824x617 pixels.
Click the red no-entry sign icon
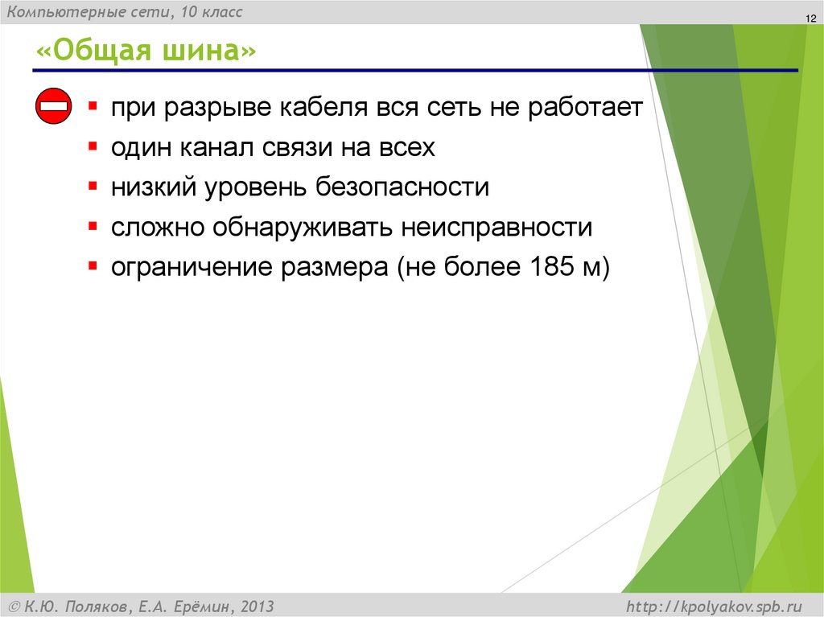(x=54, y=107)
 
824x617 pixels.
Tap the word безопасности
(x=402, y=188)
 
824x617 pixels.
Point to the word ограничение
(x=192, y=268)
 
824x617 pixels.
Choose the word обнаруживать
(x=303, y=228)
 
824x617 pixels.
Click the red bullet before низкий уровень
(x=93, y=186)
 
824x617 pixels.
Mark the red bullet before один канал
(x=93, y=146)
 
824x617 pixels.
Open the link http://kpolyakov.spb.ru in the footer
(x=713, y=606)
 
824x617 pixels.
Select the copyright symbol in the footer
(x=14, y=606)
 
